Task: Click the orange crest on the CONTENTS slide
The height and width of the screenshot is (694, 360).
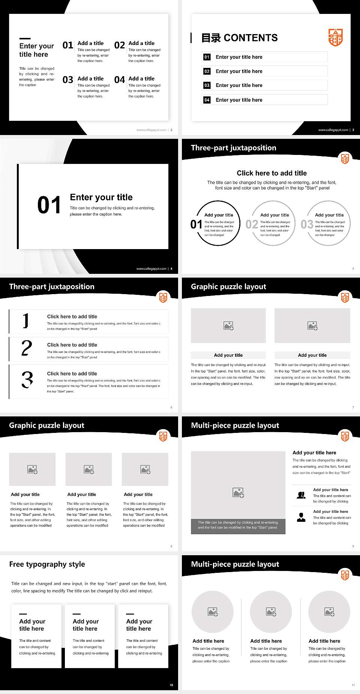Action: [335, 37]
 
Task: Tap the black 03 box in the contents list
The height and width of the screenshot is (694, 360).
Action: [207, 86]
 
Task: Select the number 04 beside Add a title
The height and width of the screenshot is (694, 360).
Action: [120, 80]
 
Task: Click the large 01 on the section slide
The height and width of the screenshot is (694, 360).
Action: [49, 205]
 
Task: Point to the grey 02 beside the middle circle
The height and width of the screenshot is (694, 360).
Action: [252, 224]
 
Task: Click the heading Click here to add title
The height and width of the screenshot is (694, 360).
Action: [271, 173]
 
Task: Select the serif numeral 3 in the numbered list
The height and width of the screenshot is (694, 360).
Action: [27, 380]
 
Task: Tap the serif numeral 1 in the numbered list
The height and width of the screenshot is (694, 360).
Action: [25, 321]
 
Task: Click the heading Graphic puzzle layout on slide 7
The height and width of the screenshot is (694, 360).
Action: [228, 287]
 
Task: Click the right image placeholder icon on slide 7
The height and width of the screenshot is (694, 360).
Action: [312, 326]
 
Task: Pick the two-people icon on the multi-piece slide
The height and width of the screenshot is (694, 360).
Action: [301, 495]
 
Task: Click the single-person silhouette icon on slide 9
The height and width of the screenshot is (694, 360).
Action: [301, 517]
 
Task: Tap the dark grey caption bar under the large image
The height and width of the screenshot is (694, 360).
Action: [238, 525]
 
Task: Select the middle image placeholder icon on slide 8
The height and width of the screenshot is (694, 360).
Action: [89, 469]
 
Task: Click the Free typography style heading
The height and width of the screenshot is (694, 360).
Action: [47, 564]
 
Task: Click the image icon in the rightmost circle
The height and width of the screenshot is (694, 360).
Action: [329, 612]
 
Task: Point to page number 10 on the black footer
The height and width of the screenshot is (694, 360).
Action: [171, 685]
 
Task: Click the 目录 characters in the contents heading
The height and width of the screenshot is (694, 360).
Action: [211, 38]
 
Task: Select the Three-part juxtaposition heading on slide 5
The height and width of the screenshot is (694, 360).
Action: [233, 148]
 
